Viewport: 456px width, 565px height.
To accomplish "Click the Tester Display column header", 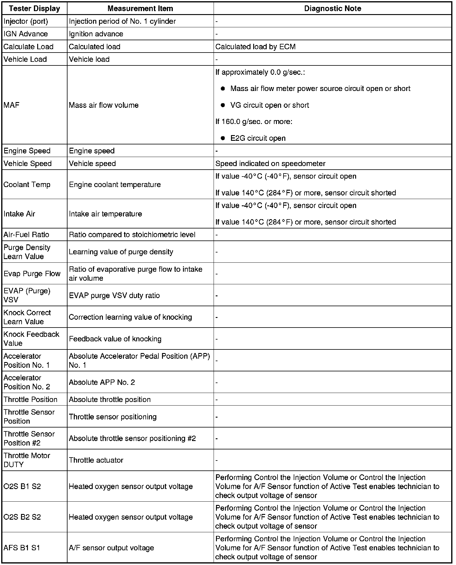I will click(x=34, y=8).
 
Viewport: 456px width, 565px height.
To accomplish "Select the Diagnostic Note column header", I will click(x=332, y=8).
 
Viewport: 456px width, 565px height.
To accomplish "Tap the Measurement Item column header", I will click(x=140, y=8).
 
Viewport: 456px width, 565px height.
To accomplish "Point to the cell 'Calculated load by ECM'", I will click(x=255, y=47).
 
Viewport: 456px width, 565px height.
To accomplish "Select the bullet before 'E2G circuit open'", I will click(x=223, y=138).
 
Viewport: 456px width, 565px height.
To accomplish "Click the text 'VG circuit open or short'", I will click(x=269, y=105).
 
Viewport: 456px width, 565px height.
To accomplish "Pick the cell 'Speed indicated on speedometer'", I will click(x=270, y=163).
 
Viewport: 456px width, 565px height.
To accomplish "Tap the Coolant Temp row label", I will click(x=27, y=184).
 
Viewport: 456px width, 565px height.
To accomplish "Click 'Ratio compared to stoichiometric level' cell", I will click(x=132, y=234).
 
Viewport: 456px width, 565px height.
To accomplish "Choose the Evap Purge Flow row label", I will click(x=32, y=273).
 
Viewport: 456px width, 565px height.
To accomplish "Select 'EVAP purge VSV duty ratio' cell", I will click(x=114, y=295).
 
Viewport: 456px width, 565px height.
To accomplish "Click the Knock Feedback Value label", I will click(x=31, y=339).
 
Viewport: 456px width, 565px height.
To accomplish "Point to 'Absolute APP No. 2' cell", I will click(x=102, y=382).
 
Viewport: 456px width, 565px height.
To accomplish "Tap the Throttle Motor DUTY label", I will click(x=27, y=460).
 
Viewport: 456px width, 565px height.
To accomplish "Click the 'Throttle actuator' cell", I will click(x=96, y=460).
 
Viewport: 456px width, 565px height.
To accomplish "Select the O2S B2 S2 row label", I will click(x=22, y=517).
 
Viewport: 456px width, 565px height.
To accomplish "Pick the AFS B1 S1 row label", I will click(x=22, y=548).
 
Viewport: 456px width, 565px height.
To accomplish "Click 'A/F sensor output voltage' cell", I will click(x=111, y=548).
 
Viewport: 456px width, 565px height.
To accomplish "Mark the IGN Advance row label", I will click(x=25, y=34).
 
